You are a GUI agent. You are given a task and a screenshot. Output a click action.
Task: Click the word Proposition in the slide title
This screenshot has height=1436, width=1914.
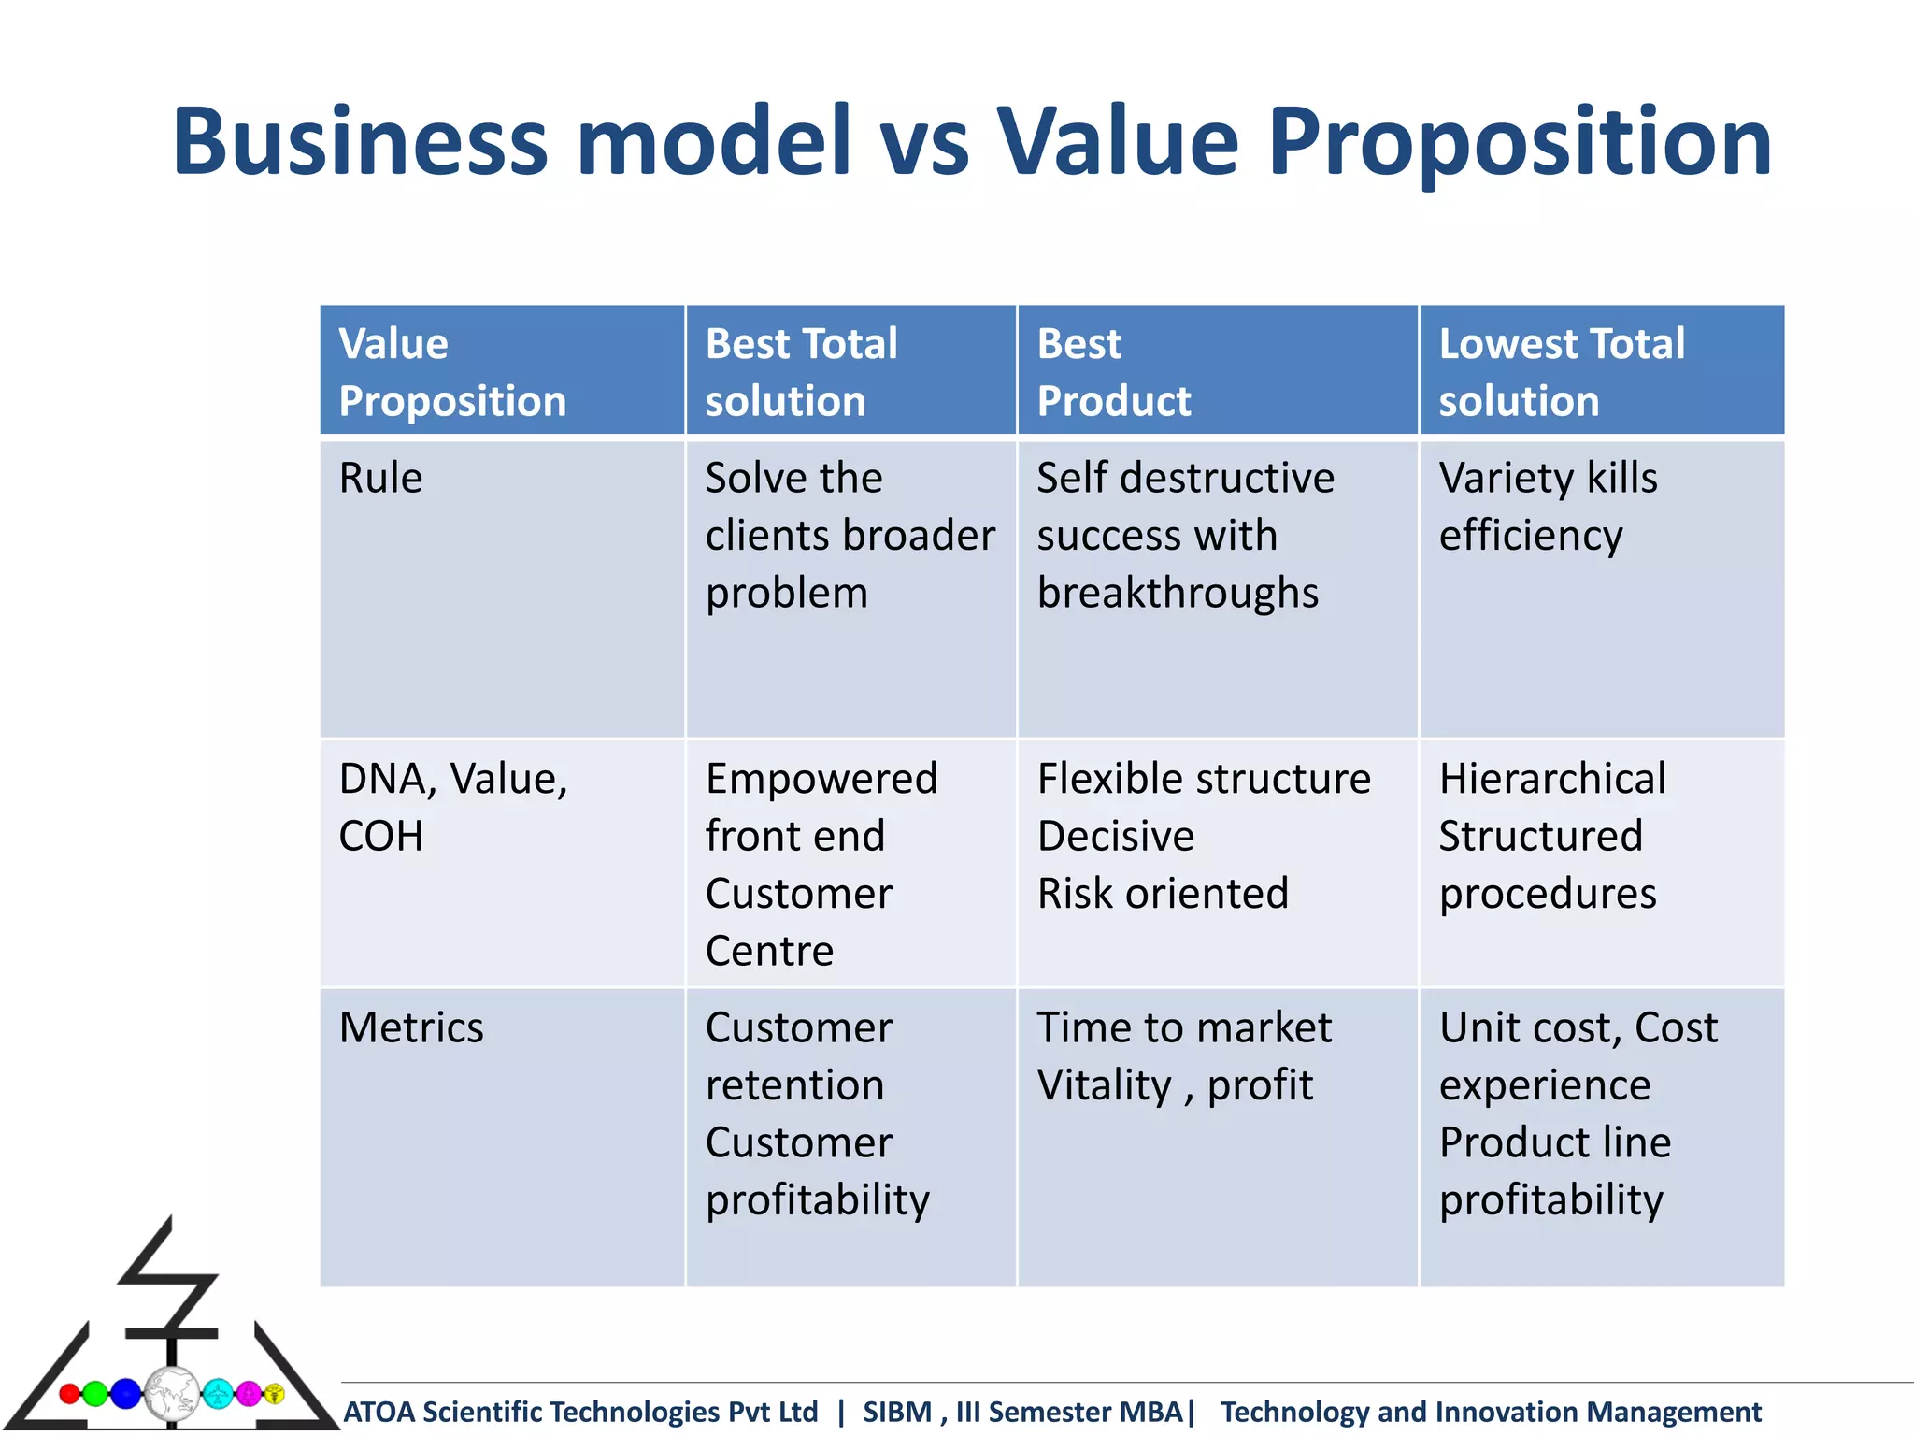[x=1520, y=142]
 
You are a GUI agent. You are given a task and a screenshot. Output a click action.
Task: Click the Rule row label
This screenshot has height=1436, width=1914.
[x=380, y=478]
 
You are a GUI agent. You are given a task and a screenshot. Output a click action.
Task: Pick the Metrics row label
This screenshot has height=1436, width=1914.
[x=411, y=1027]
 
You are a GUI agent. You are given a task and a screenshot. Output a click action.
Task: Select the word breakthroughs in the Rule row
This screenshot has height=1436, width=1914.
[x=1178, y=593]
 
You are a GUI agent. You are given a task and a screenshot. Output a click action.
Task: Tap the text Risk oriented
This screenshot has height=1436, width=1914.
[x=1163, y=894]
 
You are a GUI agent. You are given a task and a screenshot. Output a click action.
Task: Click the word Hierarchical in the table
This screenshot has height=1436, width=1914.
[x=1552, y=779]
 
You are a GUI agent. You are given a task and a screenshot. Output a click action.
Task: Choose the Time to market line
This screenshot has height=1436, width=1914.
[x=1183, y=1027]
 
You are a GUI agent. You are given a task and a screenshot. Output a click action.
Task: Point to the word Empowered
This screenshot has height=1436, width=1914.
[x=821, y=779]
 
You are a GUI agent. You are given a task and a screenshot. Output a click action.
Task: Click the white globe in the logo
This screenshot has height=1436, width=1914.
[x=172, y=1393]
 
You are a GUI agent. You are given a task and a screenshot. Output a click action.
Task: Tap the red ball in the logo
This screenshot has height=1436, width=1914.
[x=69, y=1394]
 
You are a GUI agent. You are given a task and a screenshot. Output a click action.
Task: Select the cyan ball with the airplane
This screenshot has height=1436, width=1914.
[x=218, y=1394]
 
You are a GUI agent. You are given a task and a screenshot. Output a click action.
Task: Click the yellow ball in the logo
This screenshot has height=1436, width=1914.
[x=274, y=1394]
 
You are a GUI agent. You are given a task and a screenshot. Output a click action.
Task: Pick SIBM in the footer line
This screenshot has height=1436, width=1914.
[x=896, y=1412]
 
